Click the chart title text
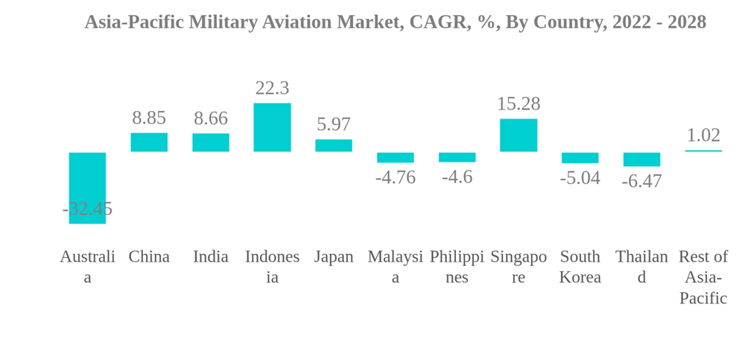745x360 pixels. coord(395,22)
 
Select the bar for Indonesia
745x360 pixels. coord(272,127)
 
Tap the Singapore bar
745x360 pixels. coord(519,135)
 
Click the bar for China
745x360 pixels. coord(149,142)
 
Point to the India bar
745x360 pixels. coord(211,142)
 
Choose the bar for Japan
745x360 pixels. coord(334,145)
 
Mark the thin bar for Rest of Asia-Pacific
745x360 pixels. coord(703,151)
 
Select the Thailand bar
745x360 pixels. coord(641,160)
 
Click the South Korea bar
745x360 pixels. coord(580,158)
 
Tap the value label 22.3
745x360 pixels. coord(272,88)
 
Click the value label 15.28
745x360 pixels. coord(519,104)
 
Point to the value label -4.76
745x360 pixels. coord(396,177)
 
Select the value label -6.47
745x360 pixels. coord(641,181)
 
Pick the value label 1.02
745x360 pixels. coord(703,135)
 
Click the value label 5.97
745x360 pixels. coord(334,124)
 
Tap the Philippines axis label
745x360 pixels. coord(457,267)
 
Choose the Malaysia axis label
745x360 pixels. coord(396,267)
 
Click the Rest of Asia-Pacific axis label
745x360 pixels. coord(703,277)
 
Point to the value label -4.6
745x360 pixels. coord(457,177)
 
